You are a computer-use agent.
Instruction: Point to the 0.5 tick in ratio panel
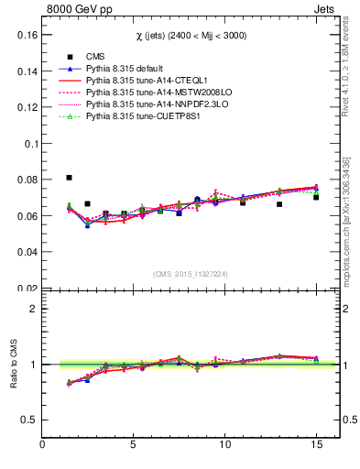pos(27,420)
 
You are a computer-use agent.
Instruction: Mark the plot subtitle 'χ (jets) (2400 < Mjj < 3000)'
pos(190,35)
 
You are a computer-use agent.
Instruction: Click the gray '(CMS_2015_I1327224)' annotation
pos(190,273)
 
